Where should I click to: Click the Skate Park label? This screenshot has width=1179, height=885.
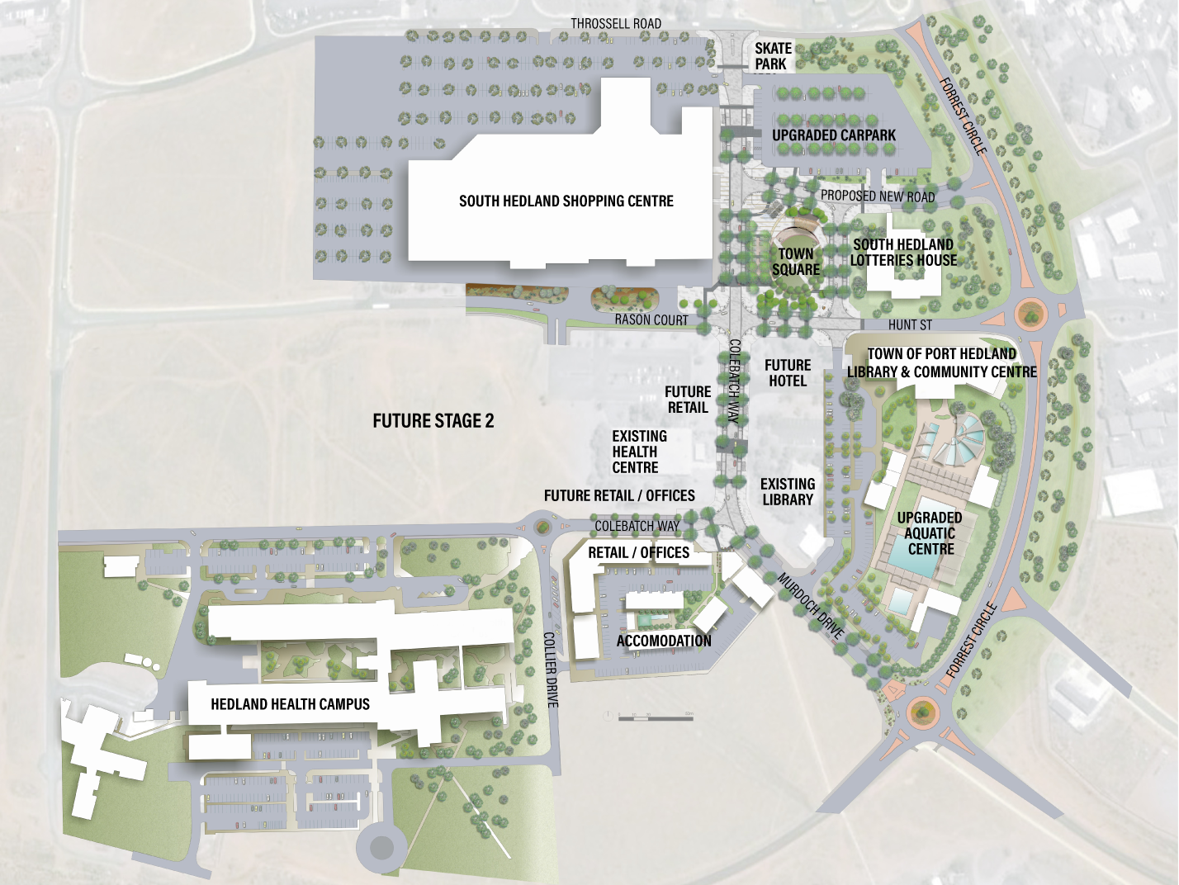point(773,56)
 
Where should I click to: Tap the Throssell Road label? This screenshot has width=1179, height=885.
point(616,23)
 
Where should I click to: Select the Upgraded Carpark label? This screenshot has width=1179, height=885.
point(834,135)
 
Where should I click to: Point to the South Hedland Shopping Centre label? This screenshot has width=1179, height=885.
point(566,201)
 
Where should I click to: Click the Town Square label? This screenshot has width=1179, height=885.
point(796,262)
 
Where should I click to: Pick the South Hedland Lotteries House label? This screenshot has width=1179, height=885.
point(903,253)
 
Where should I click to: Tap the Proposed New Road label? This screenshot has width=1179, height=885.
point(878,196)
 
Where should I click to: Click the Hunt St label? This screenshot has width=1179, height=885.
point(910,325)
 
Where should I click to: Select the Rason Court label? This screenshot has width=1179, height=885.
point(651,319)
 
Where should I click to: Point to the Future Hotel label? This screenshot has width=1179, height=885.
point(788,373)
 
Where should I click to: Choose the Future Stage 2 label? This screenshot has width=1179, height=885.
point(433,421)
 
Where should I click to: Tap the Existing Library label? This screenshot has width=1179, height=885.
point(788,492)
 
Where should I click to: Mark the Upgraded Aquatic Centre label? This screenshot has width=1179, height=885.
point(930,533)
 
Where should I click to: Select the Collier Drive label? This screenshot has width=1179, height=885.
point(552,670)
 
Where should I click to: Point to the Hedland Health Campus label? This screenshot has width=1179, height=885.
point(290,704)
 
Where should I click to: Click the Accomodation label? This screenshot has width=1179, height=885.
point(664,641)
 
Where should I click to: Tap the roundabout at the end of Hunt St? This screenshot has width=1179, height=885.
point(1030,314)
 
